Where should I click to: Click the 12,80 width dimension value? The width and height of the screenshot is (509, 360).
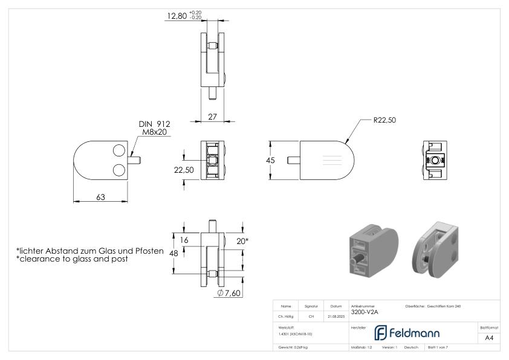177,16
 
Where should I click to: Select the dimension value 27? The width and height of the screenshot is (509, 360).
212,117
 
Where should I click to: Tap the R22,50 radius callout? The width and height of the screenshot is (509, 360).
384,120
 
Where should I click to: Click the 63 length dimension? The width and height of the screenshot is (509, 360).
100,197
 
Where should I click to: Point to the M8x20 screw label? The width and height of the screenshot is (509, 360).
155,132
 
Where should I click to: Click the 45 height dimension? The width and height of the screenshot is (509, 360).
270,160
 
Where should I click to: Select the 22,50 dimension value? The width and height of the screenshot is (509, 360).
184,170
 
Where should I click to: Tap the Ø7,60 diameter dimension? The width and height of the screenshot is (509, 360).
229,293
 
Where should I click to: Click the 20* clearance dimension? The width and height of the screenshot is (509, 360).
242,241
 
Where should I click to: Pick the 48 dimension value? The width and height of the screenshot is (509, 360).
173,253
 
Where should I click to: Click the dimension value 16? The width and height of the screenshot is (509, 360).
184,240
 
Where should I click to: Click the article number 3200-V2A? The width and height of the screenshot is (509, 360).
365,312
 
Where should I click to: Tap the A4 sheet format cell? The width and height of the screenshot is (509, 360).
489,338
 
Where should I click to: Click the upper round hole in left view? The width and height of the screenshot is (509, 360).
119,150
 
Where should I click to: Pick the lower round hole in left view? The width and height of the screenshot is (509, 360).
119,170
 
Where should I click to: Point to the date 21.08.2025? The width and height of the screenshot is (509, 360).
336,317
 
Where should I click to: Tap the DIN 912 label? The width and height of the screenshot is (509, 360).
155,124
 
